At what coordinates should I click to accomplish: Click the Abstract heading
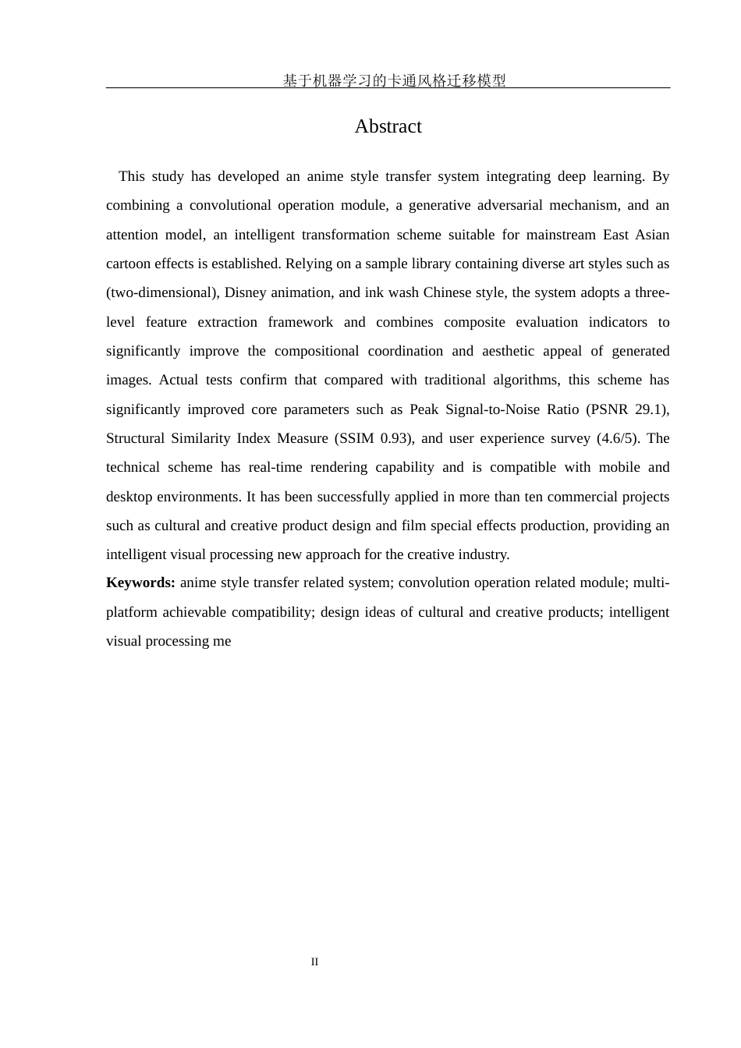(x=388, y=126)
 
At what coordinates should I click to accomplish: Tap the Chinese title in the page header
(x=394, y=80)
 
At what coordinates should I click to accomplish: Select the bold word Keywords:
(x=140, y=582)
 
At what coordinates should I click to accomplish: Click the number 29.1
(x=651, y=409)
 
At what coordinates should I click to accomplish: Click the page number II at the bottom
(x=314, y=961)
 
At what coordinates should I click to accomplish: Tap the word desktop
(x=130, y=497)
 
